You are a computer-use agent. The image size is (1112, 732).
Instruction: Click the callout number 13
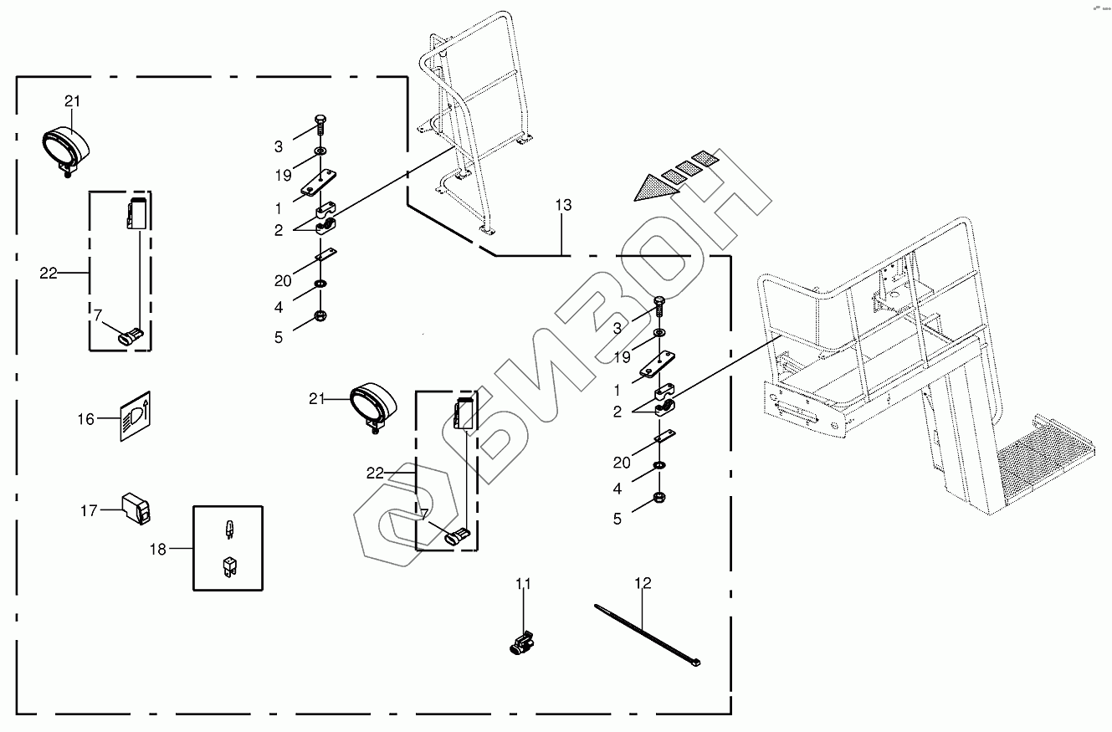tap(563, 206)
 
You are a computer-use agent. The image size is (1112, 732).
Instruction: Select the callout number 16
tap(86, 419)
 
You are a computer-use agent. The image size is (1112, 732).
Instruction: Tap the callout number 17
tap(89, 510)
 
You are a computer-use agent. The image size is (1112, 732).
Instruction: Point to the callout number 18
tap(158, 549)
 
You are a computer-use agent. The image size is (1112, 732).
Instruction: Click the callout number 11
tap(523, 583)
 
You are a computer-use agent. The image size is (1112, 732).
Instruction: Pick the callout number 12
tap(643, 583)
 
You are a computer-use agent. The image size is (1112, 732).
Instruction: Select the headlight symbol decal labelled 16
tap(136, 416)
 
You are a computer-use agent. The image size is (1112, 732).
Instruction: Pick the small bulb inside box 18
tap(227, 529)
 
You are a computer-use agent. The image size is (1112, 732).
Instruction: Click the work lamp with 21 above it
tap(65, 148)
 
